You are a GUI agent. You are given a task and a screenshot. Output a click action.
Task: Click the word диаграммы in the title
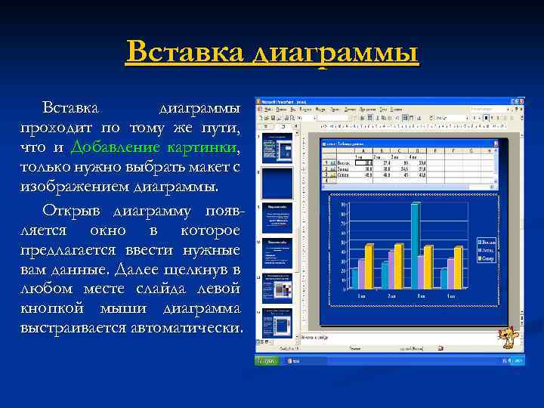pyautogui.click(x=336, y=54)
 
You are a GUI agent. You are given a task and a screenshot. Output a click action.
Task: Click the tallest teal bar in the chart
pyautogui.click(x=415, y=246)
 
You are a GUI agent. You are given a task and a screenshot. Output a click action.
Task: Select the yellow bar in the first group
pyautogui.click(x=369, y=266)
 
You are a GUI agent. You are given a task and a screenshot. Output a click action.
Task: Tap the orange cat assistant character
pyautogui.click(x=511, y=335)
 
